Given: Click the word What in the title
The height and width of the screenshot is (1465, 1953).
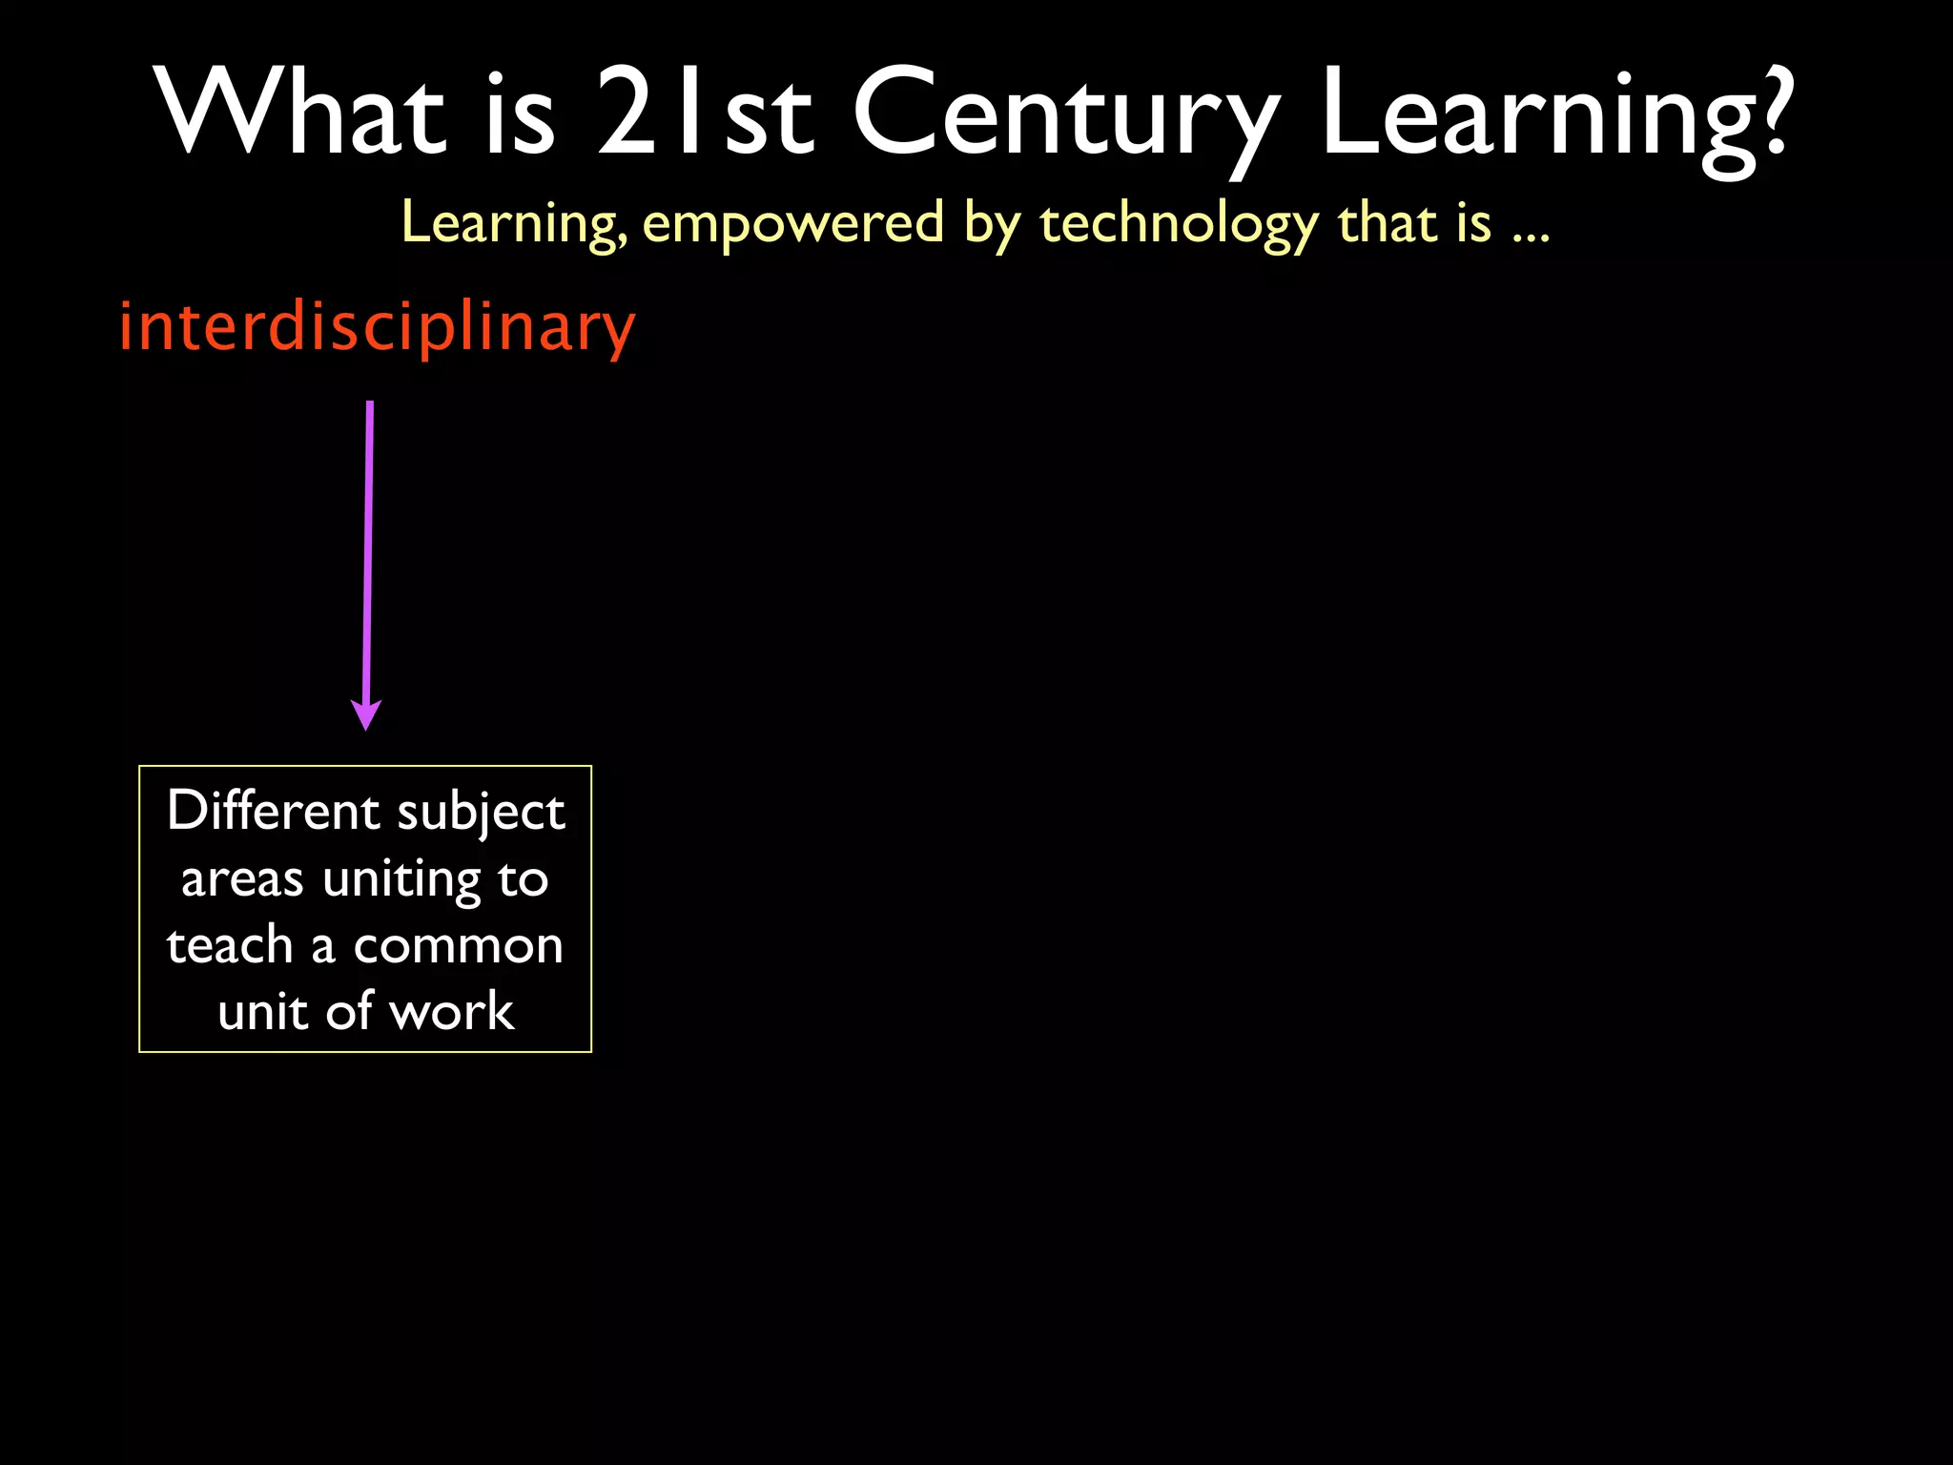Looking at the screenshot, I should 300,112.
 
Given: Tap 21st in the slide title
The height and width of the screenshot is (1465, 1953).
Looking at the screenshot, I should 705,112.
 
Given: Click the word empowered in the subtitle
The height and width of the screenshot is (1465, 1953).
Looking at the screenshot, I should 792,223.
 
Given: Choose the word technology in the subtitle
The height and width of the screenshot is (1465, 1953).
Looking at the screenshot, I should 1179,225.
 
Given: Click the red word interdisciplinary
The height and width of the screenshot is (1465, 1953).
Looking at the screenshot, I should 377,327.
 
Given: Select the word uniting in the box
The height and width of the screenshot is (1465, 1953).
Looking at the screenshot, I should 401,879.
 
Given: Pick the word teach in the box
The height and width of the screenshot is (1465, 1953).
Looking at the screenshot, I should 230,945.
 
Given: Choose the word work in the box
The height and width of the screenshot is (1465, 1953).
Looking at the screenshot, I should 452,1011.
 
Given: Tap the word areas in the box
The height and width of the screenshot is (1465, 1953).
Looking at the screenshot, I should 242,879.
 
